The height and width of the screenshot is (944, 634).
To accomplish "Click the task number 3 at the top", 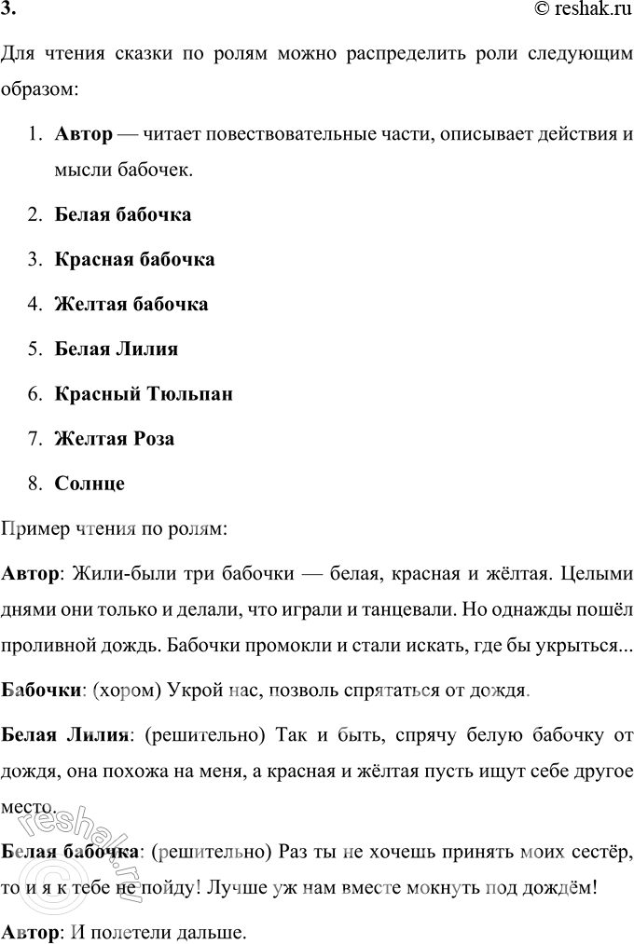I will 7,11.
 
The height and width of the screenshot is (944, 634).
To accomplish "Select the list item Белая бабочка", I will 123,214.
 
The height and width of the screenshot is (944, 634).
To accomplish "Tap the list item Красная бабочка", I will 135,259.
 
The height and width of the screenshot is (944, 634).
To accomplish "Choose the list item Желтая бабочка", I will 131,304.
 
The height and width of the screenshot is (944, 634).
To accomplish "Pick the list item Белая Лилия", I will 117,349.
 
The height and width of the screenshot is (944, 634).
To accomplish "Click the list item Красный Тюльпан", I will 144,394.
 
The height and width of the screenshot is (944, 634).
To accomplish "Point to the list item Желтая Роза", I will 115,439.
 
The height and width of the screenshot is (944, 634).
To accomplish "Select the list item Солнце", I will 90,484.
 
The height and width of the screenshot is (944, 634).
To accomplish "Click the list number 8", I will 34,484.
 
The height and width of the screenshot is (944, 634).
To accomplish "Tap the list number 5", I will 34,349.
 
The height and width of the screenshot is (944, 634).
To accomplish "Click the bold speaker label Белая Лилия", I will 64,735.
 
